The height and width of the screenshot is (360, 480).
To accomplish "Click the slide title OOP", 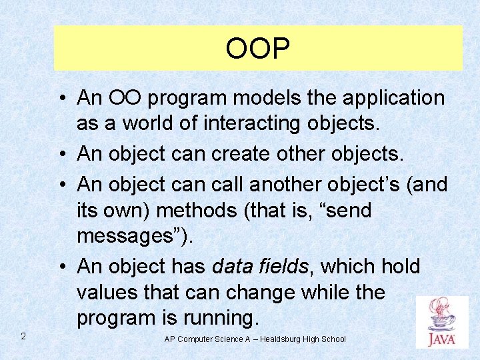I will (x=257, y=49).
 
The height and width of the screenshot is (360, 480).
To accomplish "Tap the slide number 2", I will (x=23, y=335).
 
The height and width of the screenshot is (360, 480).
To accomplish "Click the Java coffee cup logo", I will (x=441, y=322).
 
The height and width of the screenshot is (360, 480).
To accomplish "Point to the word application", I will (x=393, y=98).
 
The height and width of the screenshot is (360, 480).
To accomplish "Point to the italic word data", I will (x=233, y=266).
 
